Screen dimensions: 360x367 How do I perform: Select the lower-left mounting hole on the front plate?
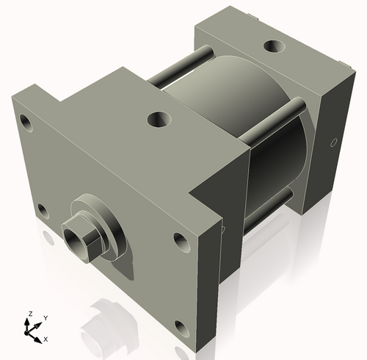(x=43, y=211)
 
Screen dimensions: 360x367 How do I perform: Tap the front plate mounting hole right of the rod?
(x=180, y=240)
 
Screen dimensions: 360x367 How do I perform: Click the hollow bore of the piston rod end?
(x=76, y=238)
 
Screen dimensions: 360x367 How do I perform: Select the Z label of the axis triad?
(x=29, y=314)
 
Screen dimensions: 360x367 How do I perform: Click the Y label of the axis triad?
(x=46, y=317)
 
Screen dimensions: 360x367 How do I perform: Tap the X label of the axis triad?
(x=46, y=339)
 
